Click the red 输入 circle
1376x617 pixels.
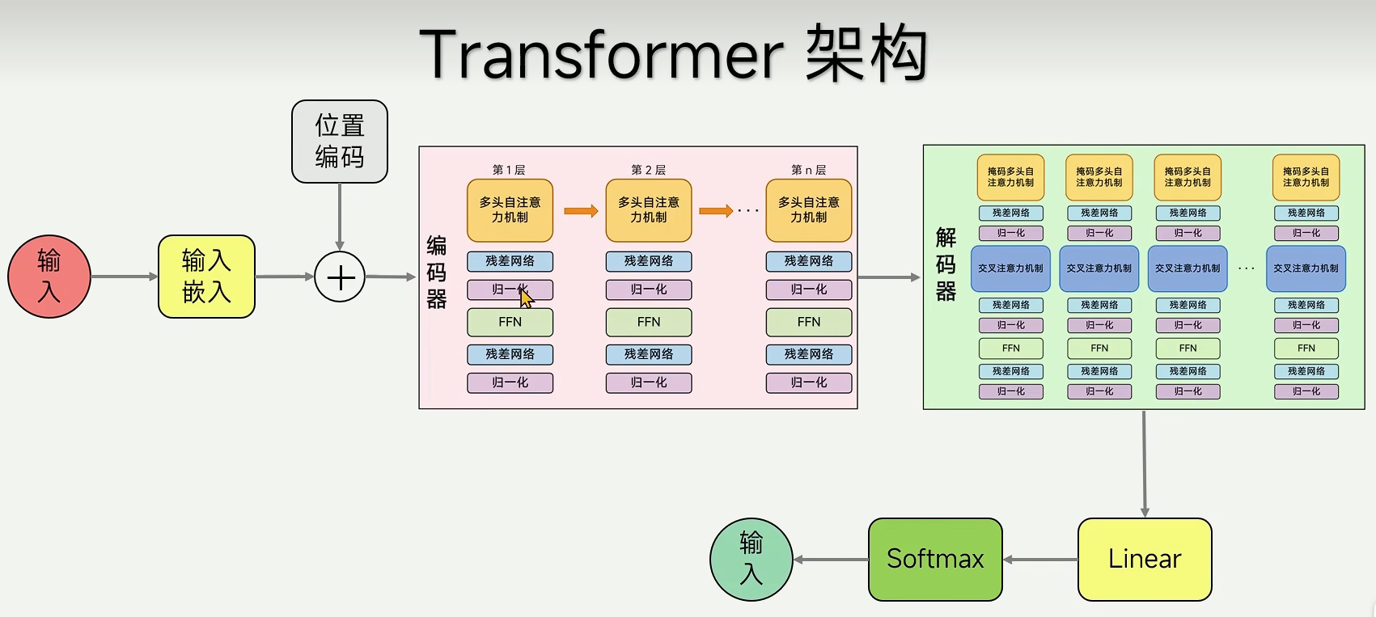pyautogui.click(x=49, y=277)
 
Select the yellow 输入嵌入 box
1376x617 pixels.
pyautogui.click(x=206, y=277)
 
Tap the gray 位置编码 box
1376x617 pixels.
pyautogui.click(x=340, y=142)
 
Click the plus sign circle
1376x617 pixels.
pyautogui.click(x=340, y=277)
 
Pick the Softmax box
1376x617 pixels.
pyautogui.click(x=935, y=560)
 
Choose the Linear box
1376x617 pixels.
pyautogui.click(x=1145, y=560)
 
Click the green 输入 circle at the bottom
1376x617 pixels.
pyautogui.click(x=751, y=560)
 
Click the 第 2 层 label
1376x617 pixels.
pyautogui.click(x=648, y=170)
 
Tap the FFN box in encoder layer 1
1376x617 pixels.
pyautogui.click(x=510, y=322)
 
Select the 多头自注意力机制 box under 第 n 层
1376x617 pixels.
pyautogui.click(x=808, y=210)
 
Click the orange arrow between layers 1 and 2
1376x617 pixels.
pyautogui.click(x=580, y=211)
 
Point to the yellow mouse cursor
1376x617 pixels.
pyautogui.click(x=526, y=298)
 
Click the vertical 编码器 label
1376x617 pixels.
pyautogui.click(x=436, y=273)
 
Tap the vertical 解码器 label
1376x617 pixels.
pyautogui.click(x=946, y=264)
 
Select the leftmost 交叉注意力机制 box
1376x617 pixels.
pyautogui.click(x=1010, y=268)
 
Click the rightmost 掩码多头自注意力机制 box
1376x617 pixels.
pyautogui.click(x=1306, y=177)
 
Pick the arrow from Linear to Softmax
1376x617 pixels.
pyautogui.click(x=1040, y=560)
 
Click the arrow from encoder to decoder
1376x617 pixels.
pyautogui.click(x=889, y=277)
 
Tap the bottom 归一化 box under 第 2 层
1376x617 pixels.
pyautogui.click(x=648, y=382)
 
